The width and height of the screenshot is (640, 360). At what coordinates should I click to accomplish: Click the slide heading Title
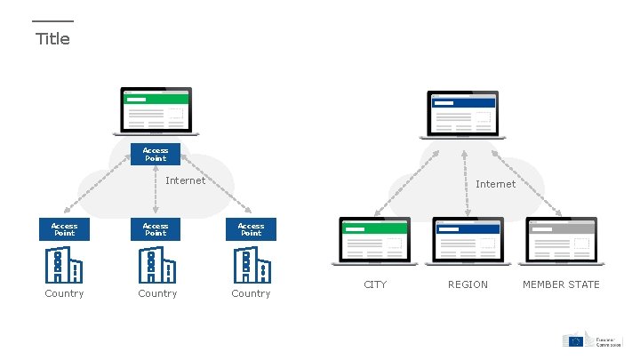point(52,39)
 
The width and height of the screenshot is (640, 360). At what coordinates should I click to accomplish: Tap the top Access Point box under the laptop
point(156,154)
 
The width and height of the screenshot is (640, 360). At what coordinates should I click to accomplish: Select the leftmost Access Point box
point(64,229)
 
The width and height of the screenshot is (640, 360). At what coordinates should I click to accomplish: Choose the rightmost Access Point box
point(251,229)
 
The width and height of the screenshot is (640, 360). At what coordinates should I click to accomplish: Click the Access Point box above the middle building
point(156,229)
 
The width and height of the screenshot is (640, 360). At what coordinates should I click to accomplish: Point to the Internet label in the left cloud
point(186,180)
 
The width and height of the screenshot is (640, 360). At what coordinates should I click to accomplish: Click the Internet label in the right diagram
point(495,184)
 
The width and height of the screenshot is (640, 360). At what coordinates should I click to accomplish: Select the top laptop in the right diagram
point(462,114)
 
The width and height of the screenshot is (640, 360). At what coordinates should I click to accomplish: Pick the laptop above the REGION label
point(468,241)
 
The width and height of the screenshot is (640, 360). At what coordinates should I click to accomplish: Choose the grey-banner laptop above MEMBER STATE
point(561,241)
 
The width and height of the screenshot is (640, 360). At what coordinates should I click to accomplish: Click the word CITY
point(375,284)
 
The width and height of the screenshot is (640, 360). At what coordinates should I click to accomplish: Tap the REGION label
point(468,284)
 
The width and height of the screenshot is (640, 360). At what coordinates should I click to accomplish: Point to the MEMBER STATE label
point(561,284)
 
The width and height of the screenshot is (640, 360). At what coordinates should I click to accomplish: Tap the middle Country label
point(157,293)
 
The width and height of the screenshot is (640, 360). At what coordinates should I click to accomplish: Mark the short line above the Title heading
point(52,21)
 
